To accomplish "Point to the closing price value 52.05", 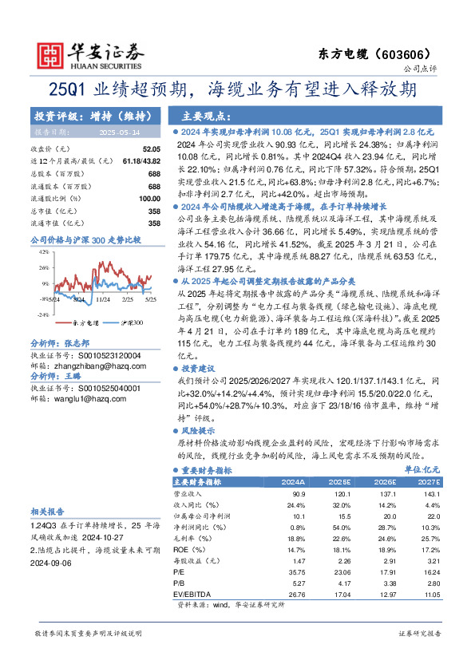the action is click(151, 149).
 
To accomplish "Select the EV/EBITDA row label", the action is click(192, 594).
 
